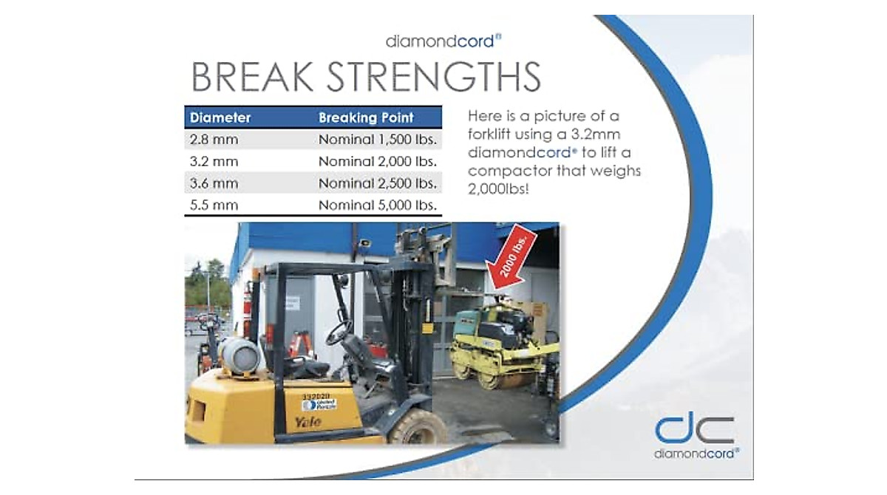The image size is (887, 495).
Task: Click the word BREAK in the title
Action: (252, 77)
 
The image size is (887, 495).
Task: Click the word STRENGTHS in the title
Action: (433, 77)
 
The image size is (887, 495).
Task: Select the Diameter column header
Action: (220, 117)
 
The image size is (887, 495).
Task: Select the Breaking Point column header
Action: (366, 117)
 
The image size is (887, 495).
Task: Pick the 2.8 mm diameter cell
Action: (214, 140)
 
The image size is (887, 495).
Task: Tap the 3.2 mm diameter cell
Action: (214, 162)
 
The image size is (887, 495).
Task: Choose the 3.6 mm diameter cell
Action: (214, 183)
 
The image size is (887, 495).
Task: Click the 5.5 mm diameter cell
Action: (214, 205)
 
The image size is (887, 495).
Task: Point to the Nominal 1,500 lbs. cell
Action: (378, 140)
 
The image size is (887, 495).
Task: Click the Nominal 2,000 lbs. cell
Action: (378, 162)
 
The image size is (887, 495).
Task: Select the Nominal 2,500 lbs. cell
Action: (378, 183)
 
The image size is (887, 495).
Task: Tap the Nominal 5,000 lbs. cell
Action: (378, 205)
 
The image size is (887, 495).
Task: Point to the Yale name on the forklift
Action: (308, 422)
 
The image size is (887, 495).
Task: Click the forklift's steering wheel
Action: (339, 332)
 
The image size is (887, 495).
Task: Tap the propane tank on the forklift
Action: (239, 355)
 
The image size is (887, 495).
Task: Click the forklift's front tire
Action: (418, 426)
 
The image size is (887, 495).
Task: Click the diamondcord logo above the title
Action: (443, 41)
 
